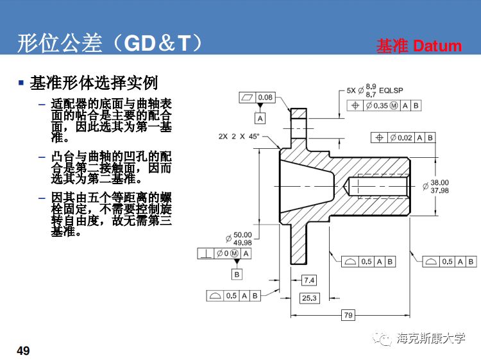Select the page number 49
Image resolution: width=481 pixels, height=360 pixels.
pos(23,350)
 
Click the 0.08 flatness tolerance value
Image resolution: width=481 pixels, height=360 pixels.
pos(265,98)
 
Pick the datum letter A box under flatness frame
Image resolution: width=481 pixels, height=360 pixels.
pos(260,119)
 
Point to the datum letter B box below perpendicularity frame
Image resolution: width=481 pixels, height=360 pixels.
pos(237,274)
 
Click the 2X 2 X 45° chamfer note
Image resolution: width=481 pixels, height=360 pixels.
pos(238,137)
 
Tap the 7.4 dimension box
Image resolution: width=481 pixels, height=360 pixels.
pos(309,280)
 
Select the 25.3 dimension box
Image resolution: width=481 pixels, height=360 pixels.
pos(309,298)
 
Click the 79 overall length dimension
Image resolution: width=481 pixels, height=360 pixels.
pos(348,314)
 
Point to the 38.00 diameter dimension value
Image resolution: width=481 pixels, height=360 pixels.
pos(439,182)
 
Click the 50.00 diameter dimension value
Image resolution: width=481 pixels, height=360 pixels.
pos(242,235)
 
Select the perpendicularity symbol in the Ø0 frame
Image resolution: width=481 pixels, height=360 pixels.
pos(205,253)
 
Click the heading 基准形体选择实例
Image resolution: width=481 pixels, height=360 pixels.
pos(94,83)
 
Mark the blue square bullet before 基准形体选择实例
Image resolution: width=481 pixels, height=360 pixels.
pos(21,83)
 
